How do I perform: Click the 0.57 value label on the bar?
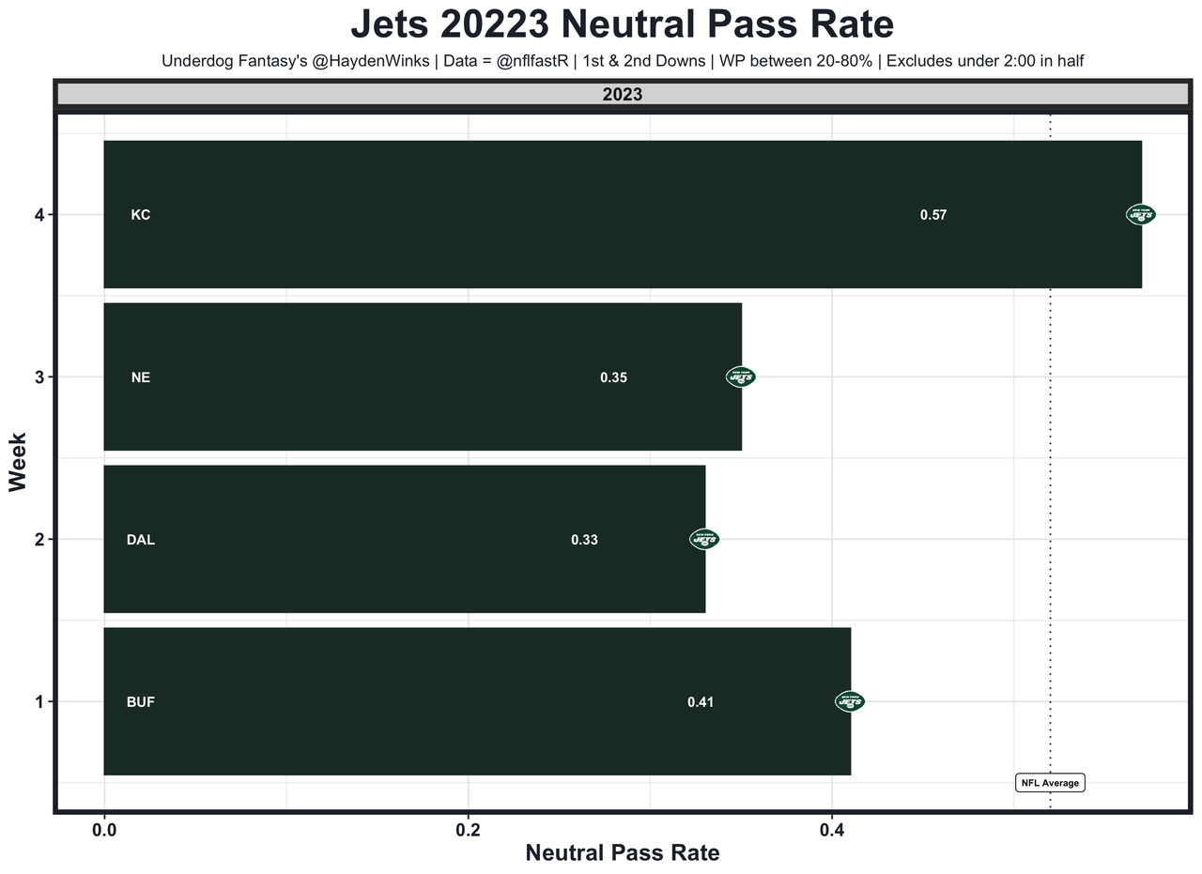coord(932,215)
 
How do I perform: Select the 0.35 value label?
coord(613,377)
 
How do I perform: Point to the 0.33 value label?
coord(584,540)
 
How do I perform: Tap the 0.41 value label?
coord(701,702)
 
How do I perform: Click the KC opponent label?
coord(141,215)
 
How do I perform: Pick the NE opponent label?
coord(141,377)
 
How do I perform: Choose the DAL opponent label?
coord(141,540)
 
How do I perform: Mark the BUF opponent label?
coord(141,702)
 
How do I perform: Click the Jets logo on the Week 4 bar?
coord(1141,215)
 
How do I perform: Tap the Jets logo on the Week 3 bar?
coord(741,377)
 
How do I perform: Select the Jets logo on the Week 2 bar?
coord(704,540)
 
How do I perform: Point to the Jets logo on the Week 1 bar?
coord(850,701)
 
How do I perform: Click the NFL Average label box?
coord(1050,783)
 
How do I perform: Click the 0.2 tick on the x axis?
coord(468,830)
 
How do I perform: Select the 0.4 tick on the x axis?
coord(831,830)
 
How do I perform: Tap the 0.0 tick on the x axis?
coord(104,830)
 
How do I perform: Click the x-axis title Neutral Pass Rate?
coord(623,853)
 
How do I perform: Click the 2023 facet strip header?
coord(623,95)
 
